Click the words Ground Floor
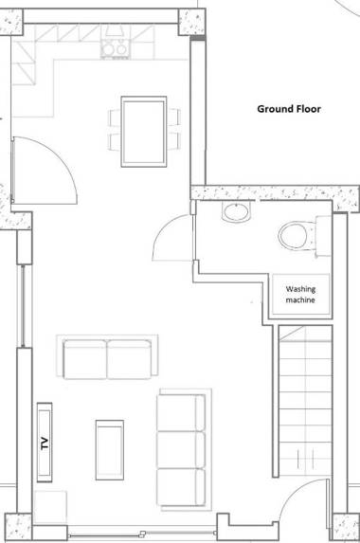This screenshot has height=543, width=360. coord(289,109)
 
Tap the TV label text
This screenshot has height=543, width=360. coord(43,442)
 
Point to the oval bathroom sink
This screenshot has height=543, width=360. coord(235,213)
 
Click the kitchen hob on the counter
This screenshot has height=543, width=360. coord(117,48)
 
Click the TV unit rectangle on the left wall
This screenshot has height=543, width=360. coord(43,442)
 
